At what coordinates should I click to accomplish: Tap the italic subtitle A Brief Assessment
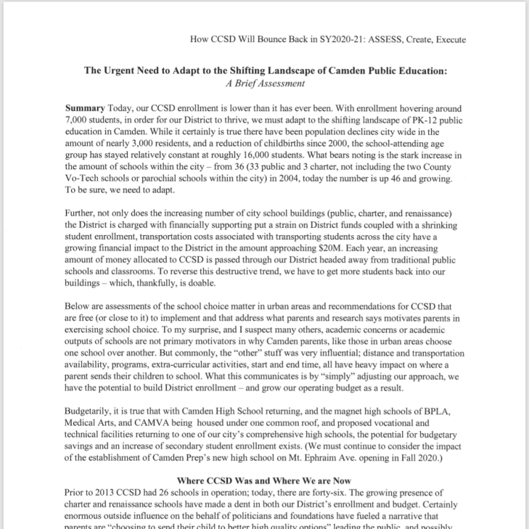pos(264,83)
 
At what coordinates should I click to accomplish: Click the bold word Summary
pos(85,107)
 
